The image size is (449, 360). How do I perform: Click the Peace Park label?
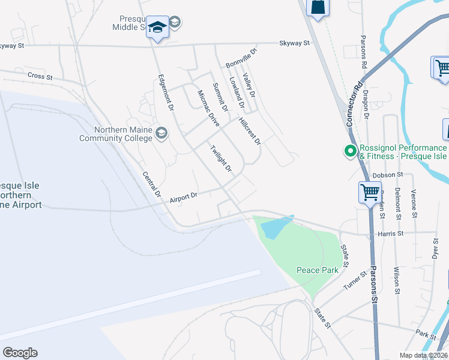tap(318, 270)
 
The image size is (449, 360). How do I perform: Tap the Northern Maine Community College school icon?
tap(161, 132)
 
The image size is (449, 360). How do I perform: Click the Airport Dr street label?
tap(184, 197)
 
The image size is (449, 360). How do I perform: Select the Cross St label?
tap(40, 76)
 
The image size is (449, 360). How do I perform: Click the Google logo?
tap(20, 353)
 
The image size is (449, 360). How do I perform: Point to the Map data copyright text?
tap(423, 355)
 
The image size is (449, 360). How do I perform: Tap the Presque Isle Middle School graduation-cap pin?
tap(158, 28)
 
